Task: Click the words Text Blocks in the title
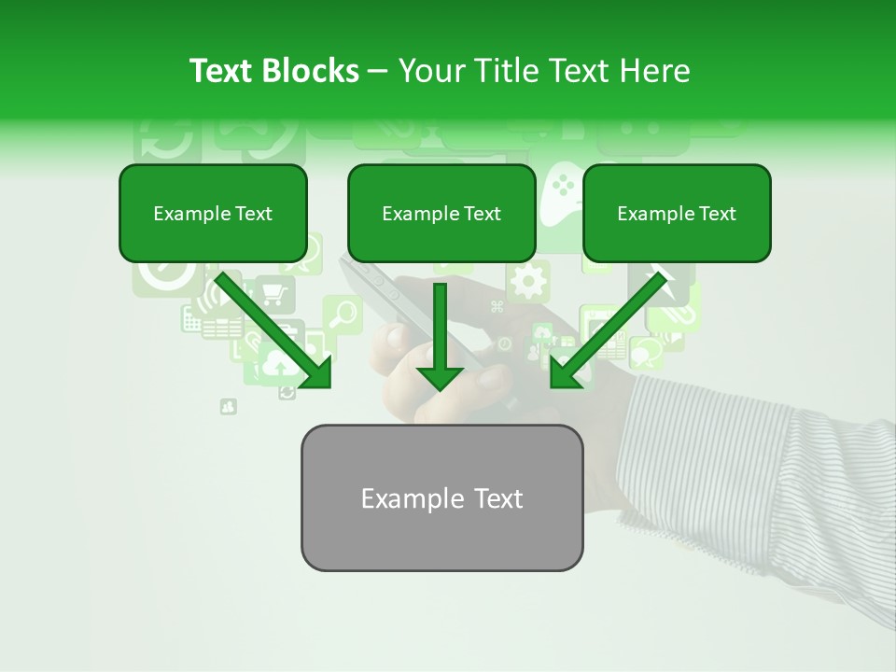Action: (x=273, y=71)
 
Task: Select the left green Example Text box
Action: (x=213, y=214)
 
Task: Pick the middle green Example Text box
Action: (x=441, y=214)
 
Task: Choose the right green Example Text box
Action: (x=677, y=214)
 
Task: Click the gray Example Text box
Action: (x=441, y=498)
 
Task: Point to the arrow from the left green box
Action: (x=275, y=330)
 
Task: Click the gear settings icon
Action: (x=528, y=280)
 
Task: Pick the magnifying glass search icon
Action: (x=343, y=314)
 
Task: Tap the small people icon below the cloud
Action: (x=229, y=407)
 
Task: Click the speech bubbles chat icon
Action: (x=646, y=352)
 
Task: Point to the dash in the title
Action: (x=378, y=71)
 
